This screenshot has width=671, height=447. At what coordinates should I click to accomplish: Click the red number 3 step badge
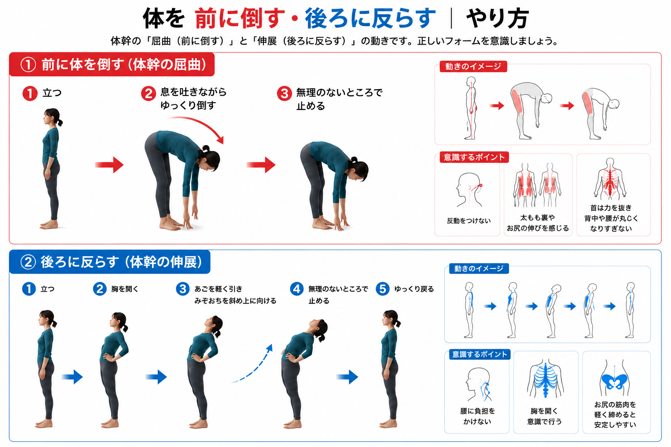click(284, 93)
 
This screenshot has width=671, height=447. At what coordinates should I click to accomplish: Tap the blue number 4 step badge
click(297, 289)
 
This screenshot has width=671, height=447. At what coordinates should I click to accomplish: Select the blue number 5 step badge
click(383, 289)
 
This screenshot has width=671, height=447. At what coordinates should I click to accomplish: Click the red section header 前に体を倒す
click(112, 64)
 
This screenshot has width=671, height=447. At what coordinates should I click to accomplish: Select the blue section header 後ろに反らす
click(110, 262)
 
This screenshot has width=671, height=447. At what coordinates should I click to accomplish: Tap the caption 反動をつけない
click(469, 221)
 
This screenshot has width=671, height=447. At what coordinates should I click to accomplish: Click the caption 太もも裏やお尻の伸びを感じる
click(538, 223)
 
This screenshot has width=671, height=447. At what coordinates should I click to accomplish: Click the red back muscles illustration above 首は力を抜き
click(610, 179)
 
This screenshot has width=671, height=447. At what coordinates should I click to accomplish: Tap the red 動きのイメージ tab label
click(473, 66)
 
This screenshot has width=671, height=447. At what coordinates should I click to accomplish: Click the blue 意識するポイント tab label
click(480, 354)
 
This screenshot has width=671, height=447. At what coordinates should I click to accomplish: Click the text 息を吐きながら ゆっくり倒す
click(194, 99)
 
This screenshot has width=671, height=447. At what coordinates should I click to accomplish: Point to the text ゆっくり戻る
click(414, 289)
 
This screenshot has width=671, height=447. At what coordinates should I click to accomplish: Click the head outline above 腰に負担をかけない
click(478, 385)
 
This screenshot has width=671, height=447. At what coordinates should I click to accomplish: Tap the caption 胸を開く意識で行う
click(544, 416)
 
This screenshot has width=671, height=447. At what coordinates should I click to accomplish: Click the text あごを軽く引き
click(218, 289)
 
